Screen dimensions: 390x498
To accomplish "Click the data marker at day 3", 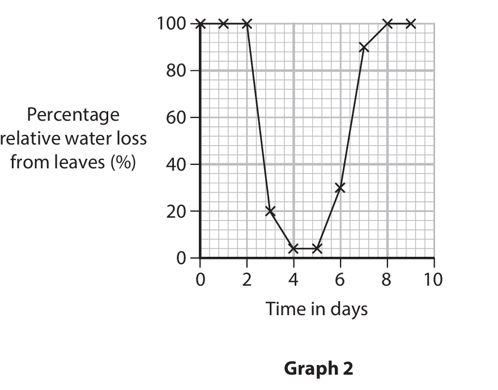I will pyautogui.click(x=270, y=211).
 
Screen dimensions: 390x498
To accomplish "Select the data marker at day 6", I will pyautogui.click(x=340, y=188).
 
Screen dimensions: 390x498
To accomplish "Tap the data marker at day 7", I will pyautogui.click(x=364, y=48).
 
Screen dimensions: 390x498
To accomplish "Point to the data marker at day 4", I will pyautogui.click(x=293, y=248).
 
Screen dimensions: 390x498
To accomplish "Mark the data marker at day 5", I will pyautogui.click(x=317, y=248).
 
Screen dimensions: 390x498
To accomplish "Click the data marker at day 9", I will pyautogui.click(x=411, y=24).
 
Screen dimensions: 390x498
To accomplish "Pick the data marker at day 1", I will pyautogui.click(x=223, y=24).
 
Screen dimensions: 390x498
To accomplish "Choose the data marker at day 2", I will pyautogui.click(x=247, y=24).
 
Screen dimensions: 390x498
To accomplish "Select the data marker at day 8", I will pyautogui.click(x=388, y=24).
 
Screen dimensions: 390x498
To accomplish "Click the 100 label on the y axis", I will pyautogui.click(x=169, y=24).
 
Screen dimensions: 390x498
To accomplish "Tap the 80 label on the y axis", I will pyautogui.click(x=175, y=71).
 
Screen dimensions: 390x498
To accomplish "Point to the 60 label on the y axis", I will pyautogui.click(x=175, y=118).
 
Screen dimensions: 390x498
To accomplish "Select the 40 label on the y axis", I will pyautogui.click(x=175, y=165).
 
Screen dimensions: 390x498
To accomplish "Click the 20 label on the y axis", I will pyautogui.click(x=175, y=211).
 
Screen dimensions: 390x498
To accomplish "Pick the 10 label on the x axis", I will pyautogui.click(x=434, y=279).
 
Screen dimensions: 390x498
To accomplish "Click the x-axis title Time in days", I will pyautogui.click(x=317, y=309).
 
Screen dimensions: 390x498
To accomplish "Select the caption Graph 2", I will pyautogui.click(x=318, y=369).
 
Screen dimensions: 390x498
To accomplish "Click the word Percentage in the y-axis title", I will pyautogui.click(x=74, y=115).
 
